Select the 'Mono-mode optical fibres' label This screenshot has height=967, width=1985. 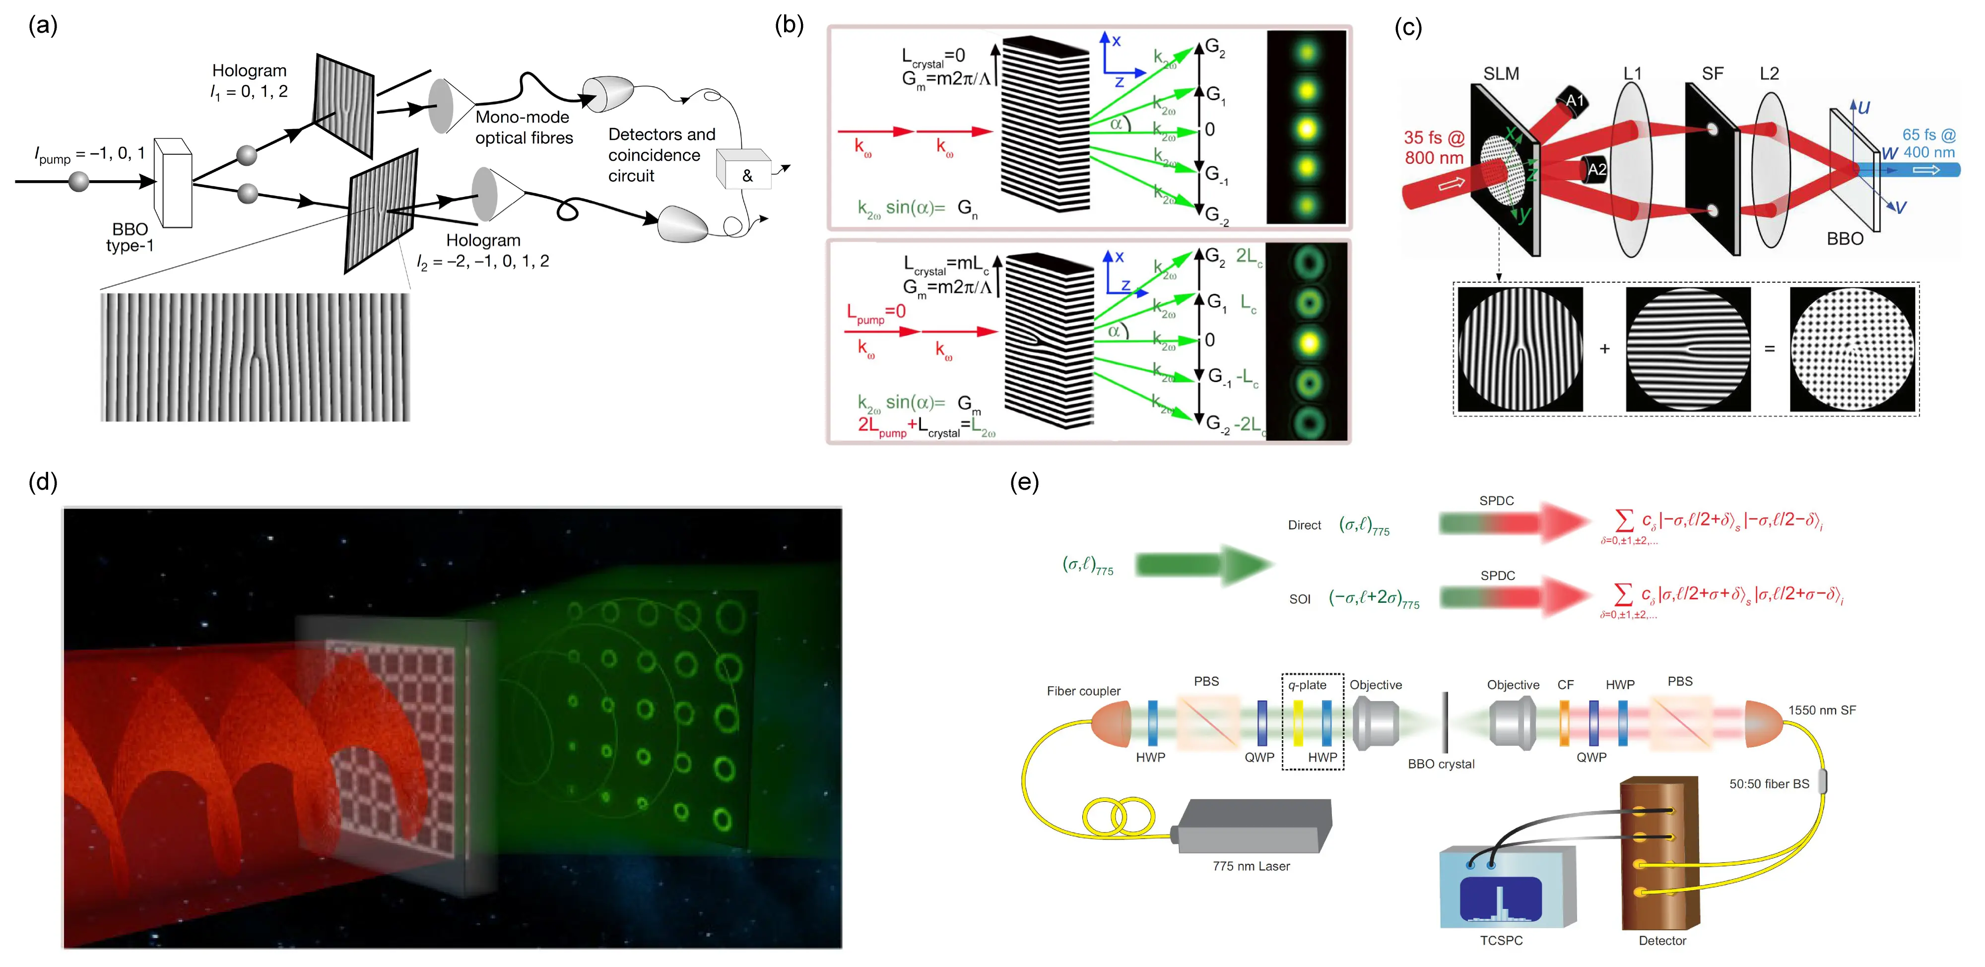click(524, 127)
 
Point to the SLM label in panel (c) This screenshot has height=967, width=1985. click(1501, 74)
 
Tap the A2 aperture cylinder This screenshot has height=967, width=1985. click(1593, 170)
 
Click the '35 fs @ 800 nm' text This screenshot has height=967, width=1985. click(1433, 147)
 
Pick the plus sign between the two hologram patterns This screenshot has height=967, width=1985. click(1604, 349)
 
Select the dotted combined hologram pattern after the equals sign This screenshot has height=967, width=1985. click(1852, 350)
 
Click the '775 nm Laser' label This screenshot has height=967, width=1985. click(1251, 866)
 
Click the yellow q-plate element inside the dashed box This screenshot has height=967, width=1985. click(1298, 723)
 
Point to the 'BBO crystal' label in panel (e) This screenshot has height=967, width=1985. click(1441, 764)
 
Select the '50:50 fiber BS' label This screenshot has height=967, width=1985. click(1769, 783)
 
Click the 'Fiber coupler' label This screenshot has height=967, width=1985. click(1083, 691)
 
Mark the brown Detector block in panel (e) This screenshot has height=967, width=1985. click(1660, 851)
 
